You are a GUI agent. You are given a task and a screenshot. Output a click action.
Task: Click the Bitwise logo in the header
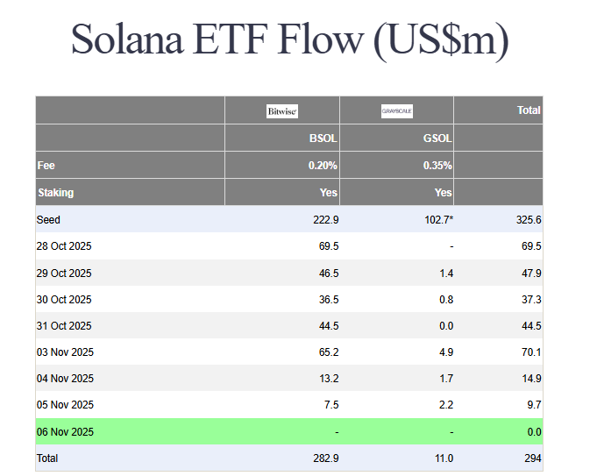pyautogui.click(x=282, y=111)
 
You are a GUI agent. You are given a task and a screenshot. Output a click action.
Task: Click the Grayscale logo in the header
pyautogui.click(x=396, y=111)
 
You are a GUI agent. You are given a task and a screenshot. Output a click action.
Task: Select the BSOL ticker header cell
pyautogui.click(x=323, y=139)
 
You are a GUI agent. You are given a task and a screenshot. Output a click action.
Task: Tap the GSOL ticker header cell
pyautogui.click(x=437, y=139)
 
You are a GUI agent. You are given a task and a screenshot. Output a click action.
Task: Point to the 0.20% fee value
pyautogui.click(x=323, y=165)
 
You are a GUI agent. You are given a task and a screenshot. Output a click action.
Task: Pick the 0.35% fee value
pyautogui.click(x=437, y=165)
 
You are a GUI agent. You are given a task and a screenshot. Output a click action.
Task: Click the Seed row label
pyautogui.click(x=48, y=219)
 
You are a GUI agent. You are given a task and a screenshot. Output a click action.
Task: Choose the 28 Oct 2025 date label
pyautogui.click(x=64, y=246)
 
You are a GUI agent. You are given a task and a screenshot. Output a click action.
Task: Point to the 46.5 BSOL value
pyautogui.click(x=329, y=274)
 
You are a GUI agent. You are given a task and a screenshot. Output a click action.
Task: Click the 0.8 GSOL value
pyautogui.click(x=445, y=300)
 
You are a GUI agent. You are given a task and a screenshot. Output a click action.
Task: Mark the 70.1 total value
pyautogui.click(x=530, y=352)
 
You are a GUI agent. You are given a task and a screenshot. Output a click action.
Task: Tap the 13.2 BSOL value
pyautogui.click(x=329, y=379)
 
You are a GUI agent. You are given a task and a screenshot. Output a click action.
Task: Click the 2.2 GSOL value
pyautogui.click(x=445, y=405)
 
